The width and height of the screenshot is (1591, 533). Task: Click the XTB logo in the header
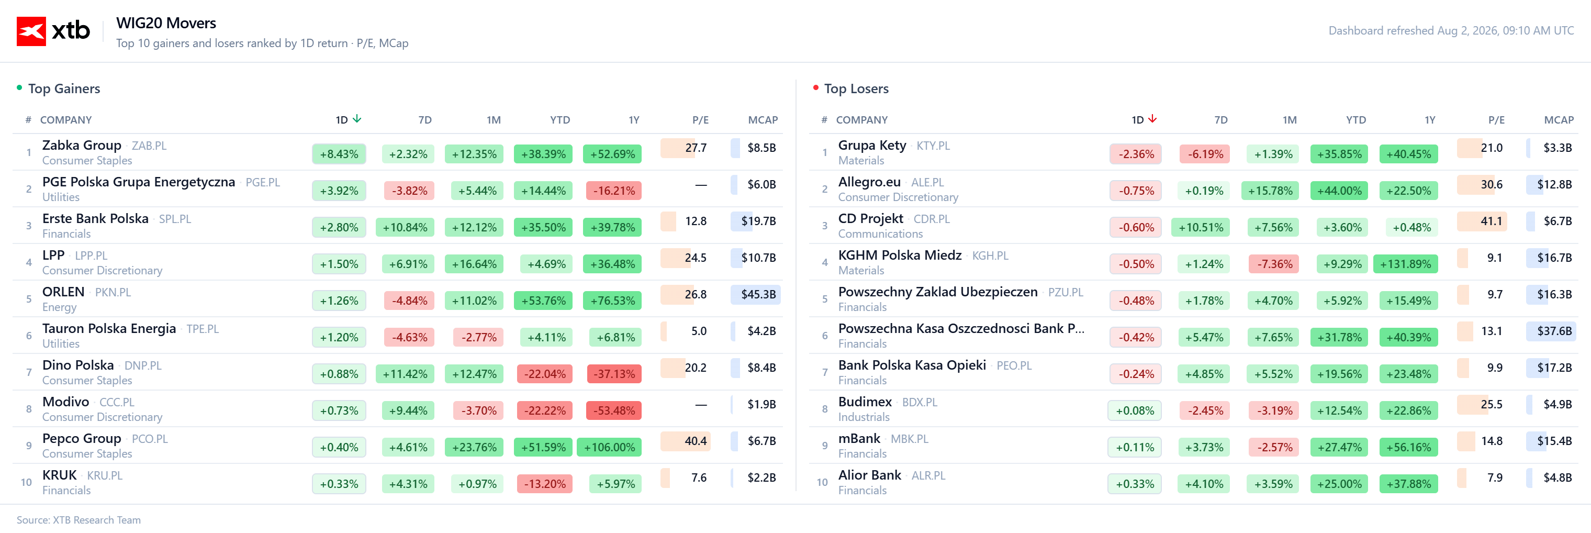pos(53,31)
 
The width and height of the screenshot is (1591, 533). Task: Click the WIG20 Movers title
pos(166,24)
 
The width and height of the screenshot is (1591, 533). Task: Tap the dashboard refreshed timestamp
pos(1451,31)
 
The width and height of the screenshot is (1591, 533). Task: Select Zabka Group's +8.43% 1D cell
pos(339,154)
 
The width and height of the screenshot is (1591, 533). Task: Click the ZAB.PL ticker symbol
pos(149,146)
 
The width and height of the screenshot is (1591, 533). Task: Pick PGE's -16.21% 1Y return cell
pos(614,190)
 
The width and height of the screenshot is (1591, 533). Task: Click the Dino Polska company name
pos(78,365)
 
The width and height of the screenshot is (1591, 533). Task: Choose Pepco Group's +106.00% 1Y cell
pos(609,447)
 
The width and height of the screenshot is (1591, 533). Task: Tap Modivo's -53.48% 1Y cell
pos(614,410)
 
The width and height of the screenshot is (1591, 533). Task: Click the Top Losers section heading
pos(856,89)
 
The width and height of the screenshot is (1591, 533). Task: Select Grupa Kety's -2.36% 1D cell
pos(1136,154)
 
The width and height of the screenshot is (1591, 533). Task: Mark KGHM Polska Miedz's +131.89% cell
pos(1405,264)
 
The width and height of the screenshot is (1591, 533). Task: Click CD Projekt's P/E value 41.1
pos(1491,221)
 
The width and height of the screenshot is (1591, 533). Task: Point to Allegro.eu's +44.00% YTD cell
pos(1339,190)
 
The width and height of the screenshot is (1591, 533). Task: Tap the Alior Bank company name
pos(870,475)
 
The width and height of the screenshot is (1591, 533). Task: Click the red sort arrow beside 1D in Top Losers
pos(1152,118)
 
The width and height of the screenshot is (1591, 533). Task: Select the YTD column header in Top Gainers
pos(560,120)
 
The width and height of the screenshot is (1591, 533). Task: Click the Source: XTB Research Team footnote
pos(79,520)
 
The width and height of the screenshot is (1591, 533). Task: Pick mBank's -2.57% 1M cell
pos(1275,447)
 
